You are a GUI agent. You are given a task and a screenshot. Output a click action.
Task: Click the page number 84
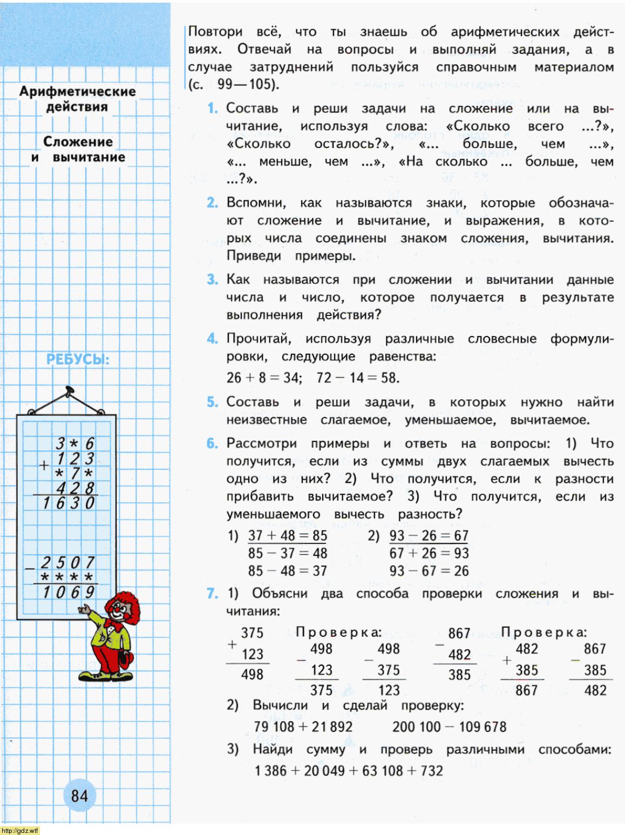(79, 795)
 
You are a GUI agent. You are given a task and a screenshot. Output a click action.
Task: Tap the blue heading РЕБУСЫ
(78, 359)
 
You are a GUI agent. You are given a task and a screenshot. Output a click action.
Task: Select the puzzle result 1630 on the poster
(69, 503)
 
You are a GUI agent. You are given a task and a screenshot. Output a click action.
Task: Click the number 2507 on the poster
(68, 562)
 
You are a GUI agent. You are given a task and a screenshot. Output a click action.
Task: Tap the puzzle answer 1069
(69, 591)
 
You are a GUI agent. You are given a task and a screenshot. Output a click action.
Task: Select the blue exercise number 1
(213, 109)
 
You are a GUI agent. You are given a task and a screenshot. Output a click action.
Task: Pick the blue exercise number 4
(212, 339)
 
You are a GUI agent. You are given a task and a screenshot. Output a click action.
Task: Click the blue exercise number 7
(212, 593)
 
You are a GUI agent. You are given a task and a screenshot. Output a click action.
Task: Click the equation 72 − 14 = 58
(358, 377)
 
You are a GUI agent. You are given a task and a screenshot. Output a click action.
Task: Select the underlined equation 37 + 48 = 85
(287, 535)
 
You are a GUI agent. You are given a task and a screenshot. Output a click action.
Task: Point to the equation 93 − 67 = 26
(429, 570)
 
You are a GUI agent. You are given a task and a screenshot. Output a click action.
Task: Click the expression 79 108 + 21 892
(303, 726)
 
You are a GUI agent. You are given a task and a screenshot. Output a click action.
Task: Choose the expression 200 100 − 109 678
(449, 726)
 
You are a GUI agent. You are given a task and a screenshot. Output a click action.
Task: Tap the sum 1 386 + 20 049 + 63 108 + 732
(348, 770)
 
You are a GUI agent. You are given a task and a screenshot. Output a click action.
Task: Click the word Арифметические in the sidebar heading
(77, 91)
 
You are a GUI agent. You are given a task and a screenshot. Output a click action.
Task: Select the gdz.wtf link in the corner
(20, 830)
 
